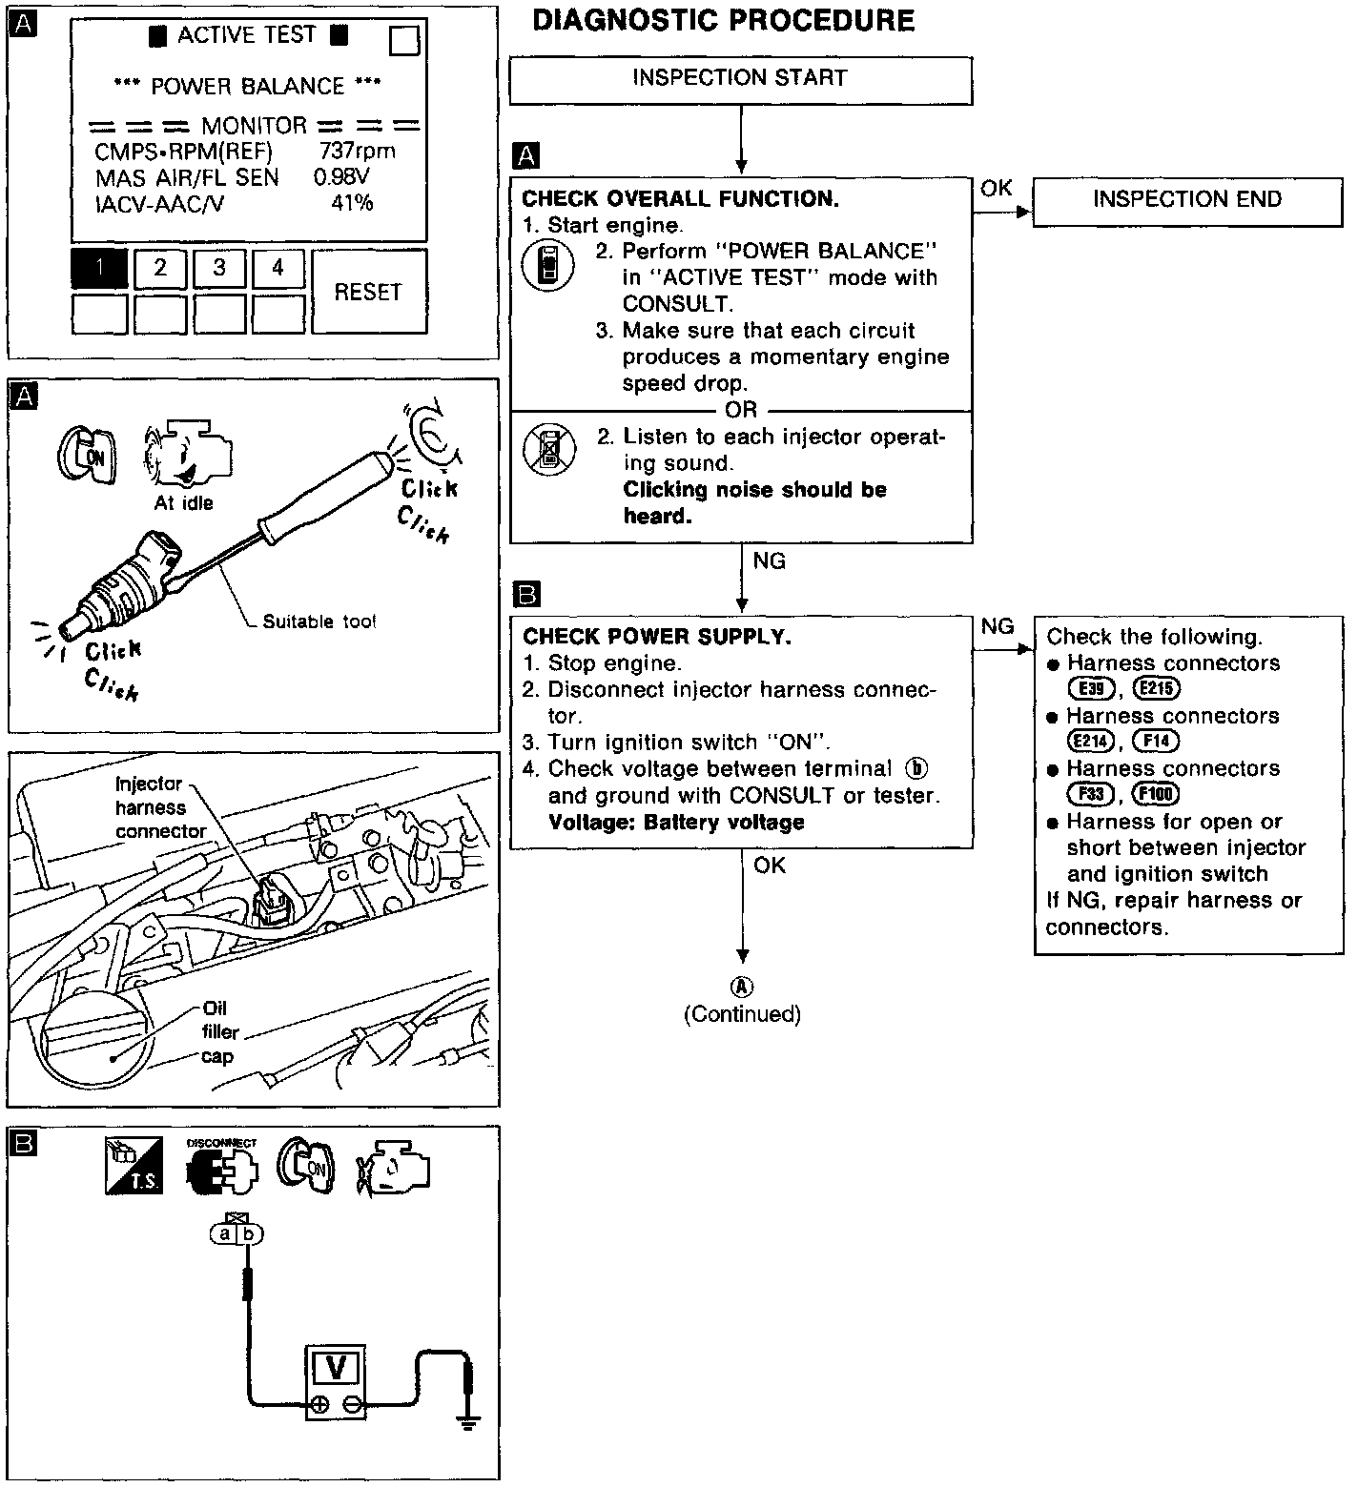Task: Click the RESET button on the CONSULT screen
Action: click(x=368, y=292)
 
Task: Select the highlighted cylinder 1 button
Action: click(x=99, y=269)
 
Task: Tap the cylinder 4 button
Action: click(x=278, y=269)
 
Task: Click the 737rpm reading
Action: click(x=357, y=151)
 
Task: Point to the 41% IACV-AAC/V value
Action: click(x=352, y=203)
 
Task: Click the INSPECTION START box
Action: click(x=740, y=79)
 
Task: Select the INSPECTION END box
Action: click(x=1186, y=200)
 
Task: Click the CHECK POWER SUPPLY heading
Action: click(x=657, y=637)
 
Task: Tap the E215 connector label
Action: click(x=1157, y=689)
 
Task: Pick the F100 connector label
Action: click(x=1156, y=794)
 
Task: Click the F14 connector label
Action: click(x=1155, y=742)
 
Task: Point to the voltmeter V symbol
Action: click(x=336, y=1368)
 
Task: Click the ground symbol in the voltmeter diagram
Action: click(x=467, y=1424)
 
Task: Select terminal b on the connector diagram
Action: click(x=250, y=1234)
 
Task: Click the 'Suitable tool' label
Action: click(x=319, y=622)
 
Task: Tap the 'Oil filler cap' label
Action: click(x=219, y=1032)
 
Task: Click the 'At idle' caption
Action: click(x=184, y=503)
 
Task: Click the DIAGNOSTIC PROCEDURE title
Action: click(x=723, y=21)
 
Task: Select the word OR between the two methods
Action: click(x=741, y=410)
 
